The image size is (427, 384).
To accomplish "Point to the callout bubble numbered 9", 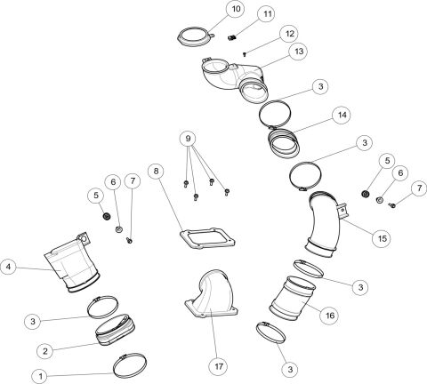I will click(186, 139).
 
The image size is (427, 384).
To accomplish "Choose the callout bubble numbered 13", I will click(298, 52).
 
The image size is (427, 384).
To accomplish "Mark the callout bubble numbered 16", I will click(329, 314).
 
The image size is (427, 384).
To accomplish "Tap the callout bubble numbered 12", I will click(289, 32).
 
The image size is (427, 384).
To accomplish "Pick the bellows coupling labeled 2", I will click(116, 329).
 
